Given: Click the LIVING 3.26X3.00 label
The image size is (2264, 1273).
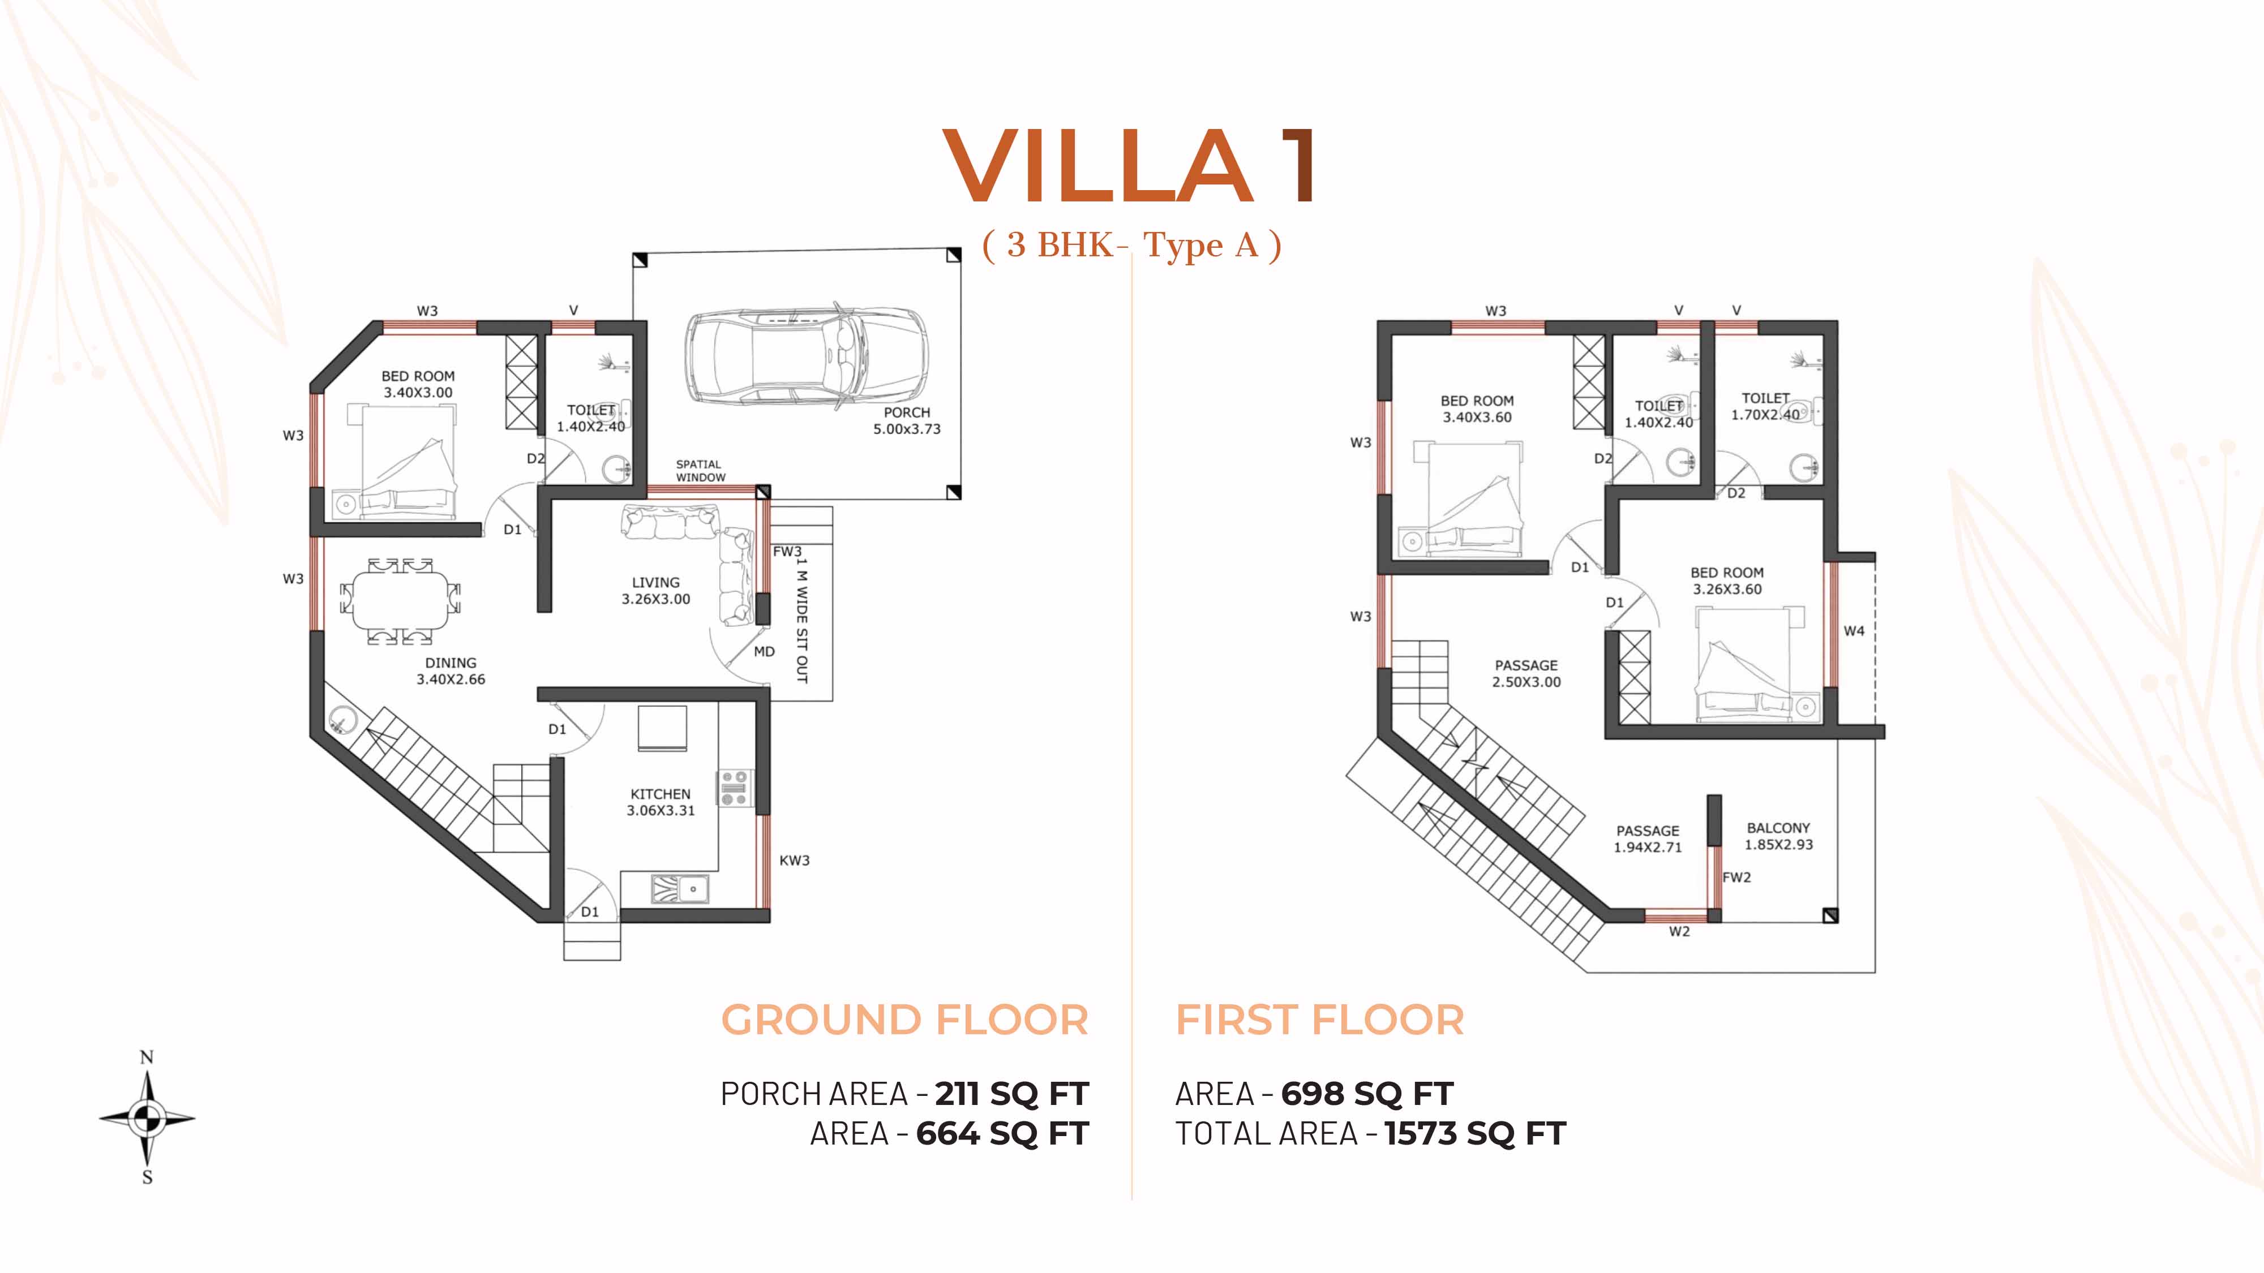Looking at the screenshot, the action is [x=655, y=590].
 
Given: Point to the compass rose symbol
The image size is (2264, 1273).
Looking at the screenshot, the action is [x=147, y=1117].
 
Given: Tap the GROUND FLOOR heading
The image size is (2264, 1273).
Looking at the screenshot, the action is [x=904, y=1020].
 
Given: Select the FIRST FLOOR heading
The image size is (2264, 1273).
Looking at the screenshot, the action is [x=1320, y=1020].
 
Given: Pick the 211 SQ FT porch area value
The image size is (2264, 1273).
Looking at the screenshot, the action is [x=1011, y=1094].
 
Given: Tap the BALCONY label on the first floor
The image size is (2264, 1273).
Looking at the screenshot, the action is [x=1778, y=828].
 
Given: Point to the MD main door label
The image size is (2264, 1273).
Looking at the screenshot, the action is [x=764, y=652].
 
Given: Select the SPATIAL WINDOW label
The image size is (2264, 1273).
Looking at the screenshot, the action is [x=701, y=471].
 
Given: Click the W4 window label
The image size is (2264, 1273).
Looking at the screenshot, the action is [x=1854, y=631].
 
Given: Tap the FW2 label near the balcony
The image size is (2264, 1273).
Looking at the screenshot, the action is [x=1736, y=877].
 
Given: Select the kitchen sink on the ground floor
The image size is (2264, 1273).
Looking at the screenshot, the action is [x=679, y=889].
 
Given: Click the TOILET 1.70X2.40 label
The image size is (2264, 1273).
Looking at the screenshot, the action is [x=1766, y=406].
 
